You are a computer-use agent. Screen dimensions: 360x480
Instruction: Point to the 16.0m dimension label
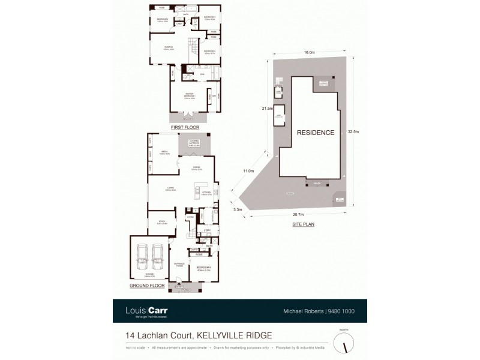pyautogui.click(x=309, y=53)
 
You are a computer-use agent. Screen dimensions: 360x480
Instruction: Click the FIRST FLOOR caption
pyautogui.click(x=184, y=128)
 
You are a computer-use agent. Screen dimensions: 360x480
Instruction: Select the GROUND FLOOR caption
pyautogui.click(x=147, y=287)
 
